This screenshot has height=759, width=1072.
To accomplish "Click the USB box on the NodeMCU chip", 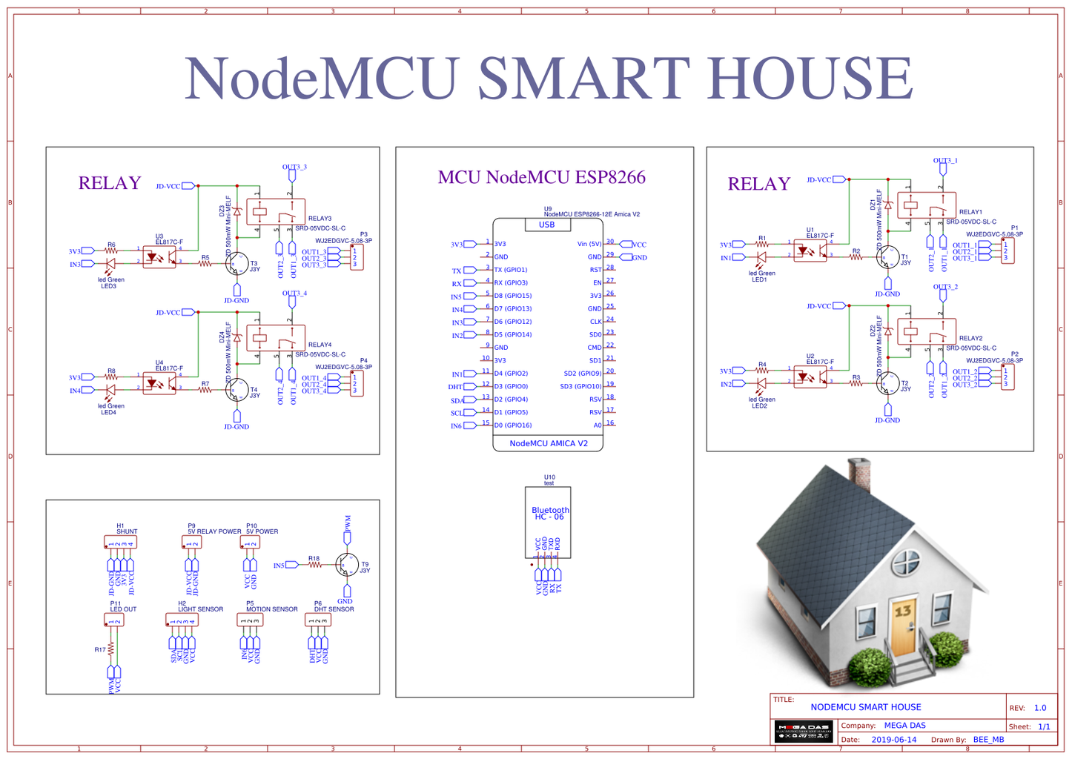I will [546, 225].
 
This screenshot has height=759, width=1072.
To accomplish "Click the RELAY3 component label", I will [320, 219].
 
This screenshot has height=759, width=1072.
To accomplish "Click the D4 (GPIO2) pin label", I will [511, 374].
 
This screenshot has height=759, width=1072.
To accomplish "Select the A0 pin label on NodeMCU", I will [598, 425].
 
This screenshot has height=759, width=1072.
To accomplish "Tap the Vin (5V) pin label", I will [589, 244].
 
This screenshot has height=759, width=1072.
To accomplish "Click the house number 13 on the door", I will [903, 611].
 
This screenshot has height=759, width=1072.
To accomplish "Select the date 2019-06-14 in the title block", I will [893, 740].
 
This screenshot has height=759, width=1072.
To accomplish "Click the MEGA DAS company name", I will [904, 726].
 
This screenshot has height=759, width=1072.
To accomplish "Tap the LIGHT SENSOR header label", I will [200, 609].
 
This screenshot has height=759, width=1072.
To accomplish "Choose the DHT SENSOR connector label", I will [334, 609].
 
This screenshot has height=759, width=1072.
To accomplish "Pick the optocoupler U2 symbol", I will [810, 377].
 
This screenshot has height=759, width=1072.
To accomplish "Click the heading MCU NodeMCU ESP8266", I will [541, 177].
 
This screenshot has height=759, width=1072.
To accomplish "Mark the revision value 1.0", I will [1039, 708].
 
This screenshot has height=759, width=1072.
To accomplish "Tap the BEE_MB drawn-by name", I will [988, 740].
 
